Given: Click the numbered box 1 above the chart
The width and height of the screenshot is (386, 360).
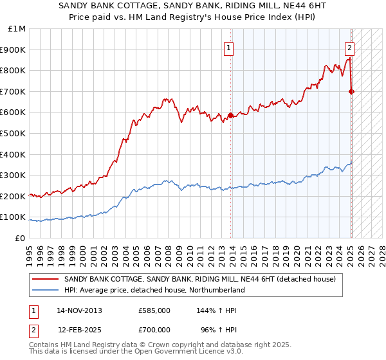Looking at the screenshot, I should click(229, 47).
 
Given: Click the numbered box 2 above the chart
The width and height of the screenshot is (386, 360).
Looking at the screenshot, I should click(349, 47).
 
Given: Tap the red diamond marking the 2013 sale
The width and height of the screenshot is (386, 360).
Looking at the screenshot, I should click(230, 115).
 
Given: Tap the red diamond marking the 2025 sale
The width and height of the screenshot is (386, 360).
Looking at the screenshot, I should click(351, 91).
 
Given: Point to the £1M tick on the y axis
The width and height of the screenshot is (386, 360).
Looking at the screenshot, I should click(17, 28).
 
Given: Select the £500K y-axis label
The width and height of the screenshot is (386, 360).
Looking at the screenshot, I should click(14, 133).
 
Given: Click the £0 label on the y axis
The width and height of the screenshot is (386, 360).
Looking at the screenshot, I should click(19, 238).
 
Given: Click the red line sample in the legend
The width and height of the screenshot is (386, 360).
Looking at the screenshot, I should click(46, 280).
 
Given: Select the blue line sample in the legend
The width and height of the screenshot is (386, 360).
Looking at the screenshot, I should click(46, 290).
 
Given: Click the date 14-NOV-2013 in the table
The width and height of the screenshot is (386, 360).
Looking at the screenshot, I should click(79, 310).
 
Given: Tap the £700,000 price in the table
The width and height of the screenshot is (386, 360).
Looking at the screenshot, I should click(154, 329).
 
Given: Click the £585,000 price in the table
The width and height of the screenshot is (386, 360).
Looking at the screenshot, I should click(154, 310).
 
